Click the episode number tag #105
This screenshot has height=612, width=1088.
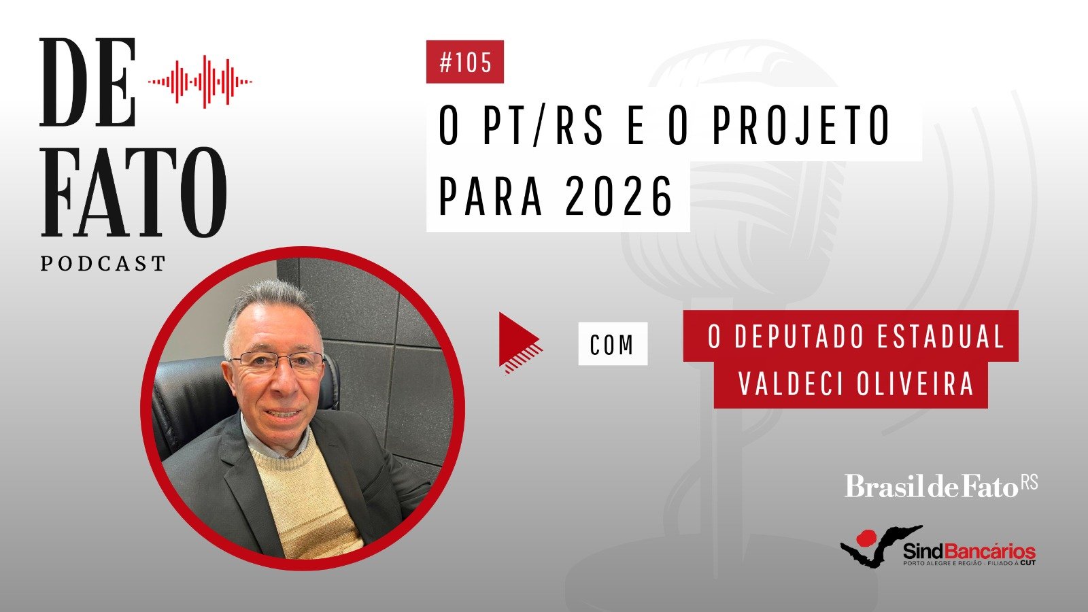click(x=465, y=62)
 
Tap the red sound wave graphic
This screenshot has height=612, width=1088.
click(x=200, y=82)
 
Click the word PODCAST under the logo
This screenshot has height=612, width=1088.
click(x=103, y=264)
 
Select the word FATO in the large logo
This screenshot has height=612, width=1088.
click(x=134, y=192)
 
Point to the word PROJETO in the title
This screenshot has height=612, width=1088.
click(x=801, y=125)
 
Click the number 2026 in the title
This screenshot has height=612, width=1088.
click(x=619, y=197)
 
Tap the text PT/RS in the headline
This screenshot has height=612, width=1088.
click(x=543, y=125)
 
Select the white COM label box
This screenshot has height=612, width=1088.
click(x=613, y=344)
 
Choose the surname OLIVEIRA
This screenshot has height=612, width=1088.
click(x=915, y=384)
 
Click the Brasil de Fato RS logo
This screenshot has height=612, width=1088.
click(x=941, y=486)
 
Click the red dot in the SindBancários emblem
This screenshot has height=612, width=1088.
click(x=865, y=538)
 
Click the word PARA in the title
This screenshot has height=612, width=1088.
click(x=490, y=197)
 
